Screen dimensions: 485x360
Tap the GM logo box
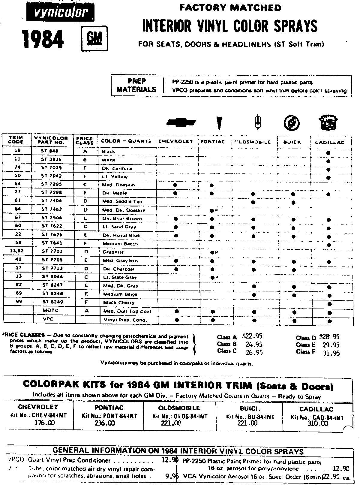[x=94, y=39]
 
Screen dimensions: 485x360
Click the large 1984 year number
[x=43, y=39]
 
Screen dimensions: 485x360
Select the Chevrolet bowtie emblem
[x=181, y=122]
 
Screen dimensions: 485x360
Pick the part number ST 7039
[x=51, y=168]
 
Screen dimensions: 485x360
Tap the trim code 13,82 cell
[x=17, y=251]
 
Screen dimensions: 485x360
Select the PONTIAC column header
[x=213, y=142]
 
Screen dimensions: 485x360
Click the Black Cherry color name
[x=119, y=303]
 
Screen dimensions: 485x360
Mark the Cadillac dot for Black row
[x=328, y=153]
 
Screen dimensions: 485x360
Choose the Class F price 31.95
[x=331, y=353]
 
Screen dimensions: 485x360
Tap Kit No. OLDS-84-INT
[x=180, y=416]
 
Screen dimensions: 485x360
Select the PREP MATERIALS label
[x=137, y=85]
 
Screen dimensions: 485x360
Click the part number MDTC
[x=50, y=310]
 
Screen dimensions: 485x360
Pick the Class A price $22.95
[x=252, y=336]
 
